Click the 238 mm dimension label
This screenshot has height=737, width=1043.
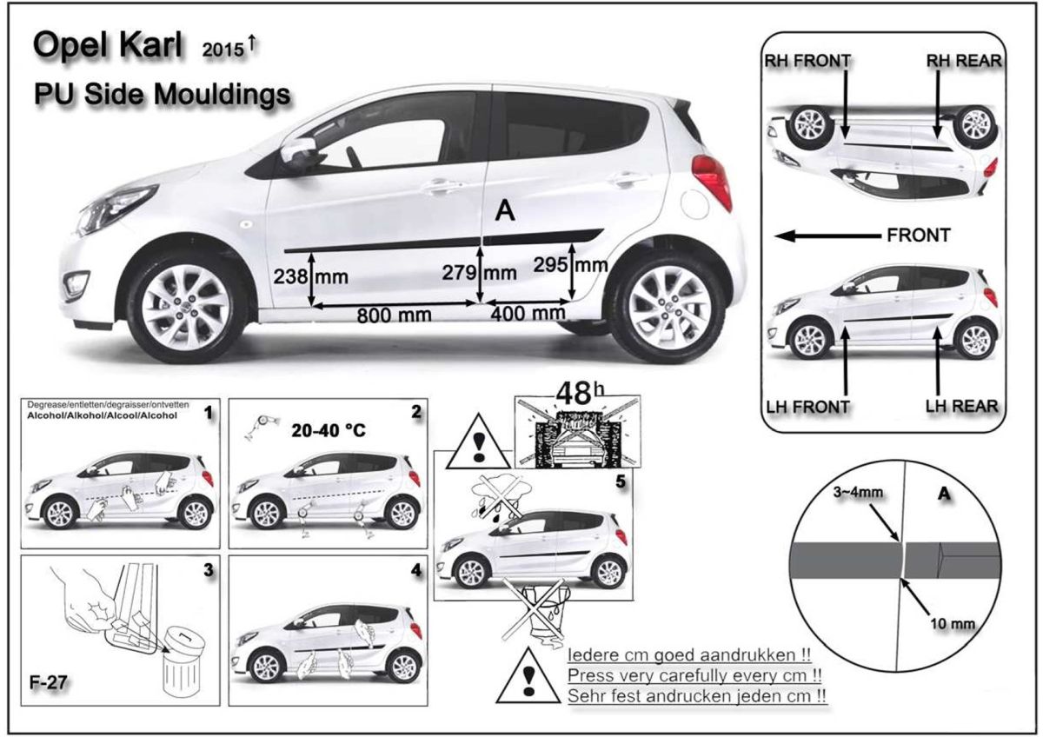click(310, 277)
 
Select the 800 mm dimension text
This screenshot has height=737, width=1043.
click(394, 315)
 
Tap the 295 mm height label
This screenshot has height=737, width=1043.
click(570, 265)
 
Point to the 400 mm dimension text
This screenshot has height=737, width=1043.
click(528, 314)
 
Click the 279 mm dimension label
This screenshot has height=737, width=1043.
click(479, 273)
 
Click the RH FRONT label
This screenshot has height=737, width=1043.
click(807, 61)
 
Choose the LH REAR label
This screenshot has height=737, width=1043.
click(961, 406)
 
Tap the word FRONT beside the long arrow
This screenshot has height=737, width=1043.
click(918, 236)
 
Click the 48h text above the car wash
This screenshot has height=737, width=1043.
click(580, 393)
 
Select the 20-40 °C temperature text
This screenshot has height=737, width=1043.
click(329, 431)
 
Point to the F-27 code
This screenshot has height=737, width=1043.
click(49, 682)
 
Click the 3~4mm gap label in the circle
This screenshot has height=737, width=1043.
click(858, 492)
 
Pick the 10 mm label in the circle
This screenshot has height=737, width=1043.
click(953, 623)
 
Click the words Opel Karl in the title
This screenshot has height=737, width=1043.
click(108, 45)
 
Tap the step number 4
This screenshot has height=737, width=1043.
click(416, 571)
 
